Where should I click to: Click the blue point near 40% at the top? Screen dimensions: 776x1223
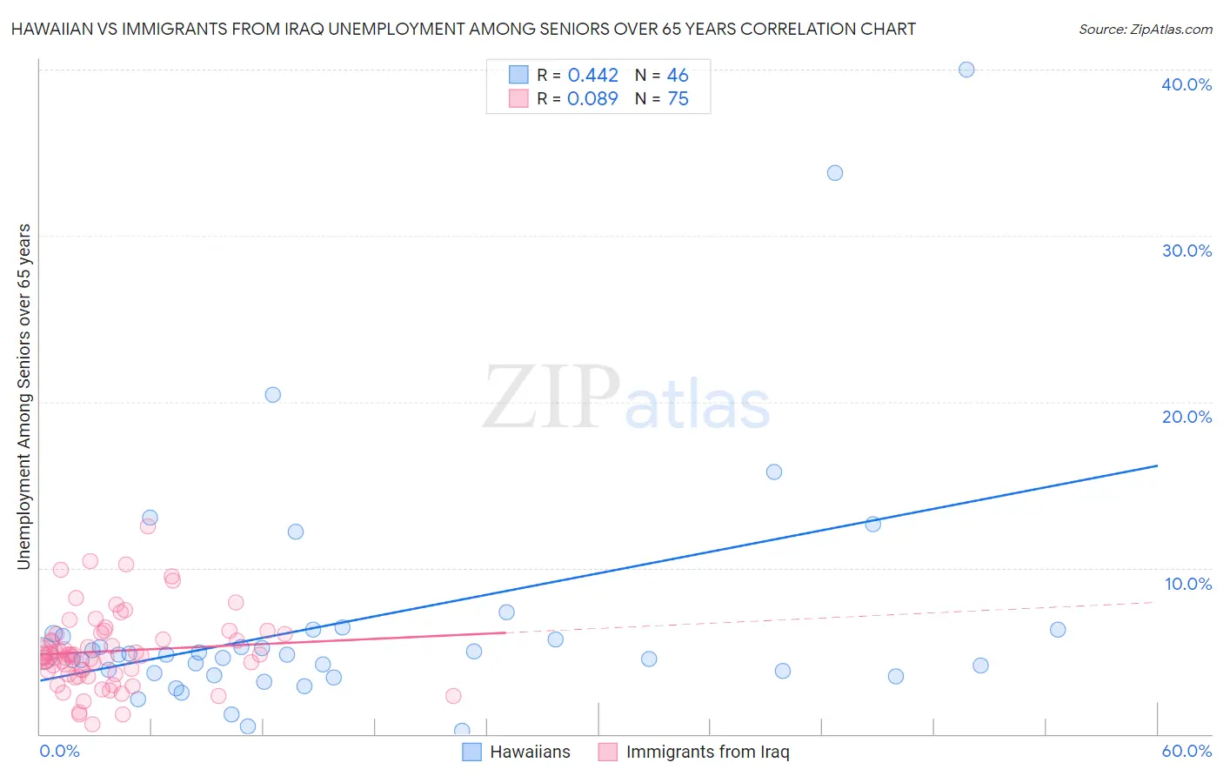click(x=966, y=70)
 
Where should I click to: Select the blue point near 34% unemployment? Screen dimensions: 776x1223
click(x=834, y=173)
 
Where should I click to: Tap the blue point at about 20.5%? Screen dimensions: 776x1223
click(x=272, y=395)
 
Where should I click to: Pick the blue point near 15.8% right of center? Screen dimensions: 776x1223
click(x=773, y=472)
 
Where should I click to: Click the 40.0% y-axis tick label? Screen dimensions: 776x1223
click(x=1186, y=84)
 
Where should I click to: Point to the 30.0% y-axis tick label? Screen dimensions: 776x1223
click(x=1186, y=251)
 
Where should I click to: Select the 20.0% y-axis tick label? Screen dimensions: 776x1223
click(x=1186, y=417)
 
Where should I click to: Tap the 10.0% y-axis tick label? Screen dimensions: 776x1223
click(x=1188, y=584)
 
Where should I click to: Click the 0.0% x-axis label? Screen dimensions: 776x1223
click(x=59, y=751)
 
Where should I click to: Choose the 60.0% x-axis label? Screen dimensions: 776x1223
click(x=1186, y=751)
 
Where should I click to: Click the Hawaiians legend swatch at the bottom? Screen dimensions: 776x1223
click(x=471, y=753)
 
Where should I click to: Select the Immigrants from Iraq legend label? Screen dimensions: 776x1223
click(x=707, y=753)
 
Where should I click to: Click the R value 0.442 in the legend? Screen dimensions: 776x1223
click(x=592, y=76)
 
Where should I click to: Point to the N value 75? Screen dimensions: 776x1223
click(x=678, y=99)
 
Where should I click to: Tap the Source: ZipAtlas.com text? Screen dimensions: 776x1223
click(x=1145, y=30)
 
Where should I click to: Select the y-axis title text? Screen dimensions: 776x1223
click(x=23, y=397)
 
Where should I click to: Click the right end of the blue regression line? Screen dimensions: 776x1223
click(x=1157, y=465)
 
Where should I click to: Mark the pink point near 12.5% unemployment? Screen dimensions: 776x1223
click(x=147, y=526)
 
